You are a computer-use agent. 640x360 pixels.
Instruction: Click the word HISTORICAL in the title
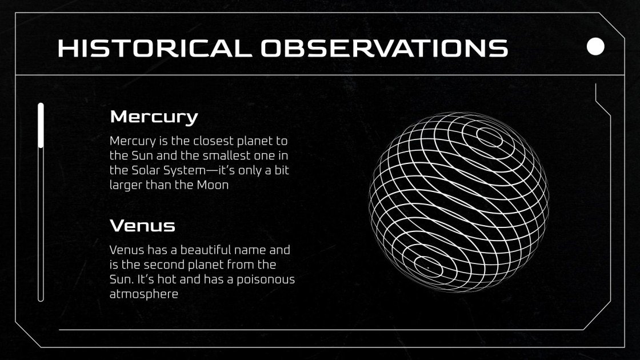(155, 48)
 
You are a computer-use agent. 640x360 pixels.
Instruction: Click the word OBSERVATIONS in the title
(385, 48)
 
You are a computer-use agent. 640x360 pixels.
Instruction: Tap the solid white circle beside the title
(595, 46)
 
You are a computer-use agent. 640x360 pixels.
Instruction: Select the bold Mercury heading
(154, 117)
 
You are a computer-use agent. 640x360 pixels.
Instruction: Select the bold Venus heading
(142, 226)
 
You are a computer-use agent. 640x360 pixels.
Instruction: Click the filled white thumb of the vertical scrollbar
(41, 126)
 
